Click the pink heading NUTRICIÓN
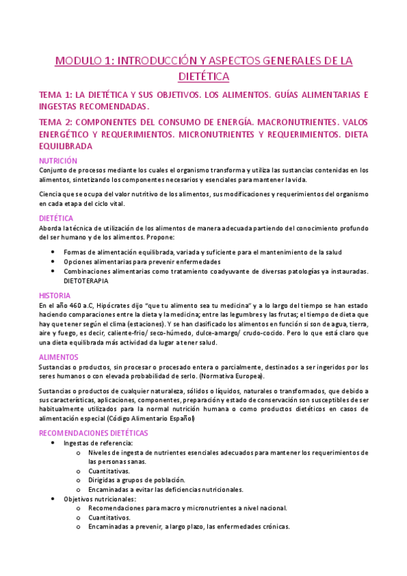click(58, 161)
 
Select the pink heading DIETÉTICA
click(56, 219)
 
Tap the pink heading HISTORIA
click(54, 296)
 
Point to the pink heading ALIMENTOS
click(58, 357)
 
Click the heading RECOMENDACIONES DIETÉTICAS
click(93, 433)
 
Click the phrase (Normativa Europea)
click(231, 376)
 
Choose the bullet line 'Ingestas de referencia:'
click(93, 443)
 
